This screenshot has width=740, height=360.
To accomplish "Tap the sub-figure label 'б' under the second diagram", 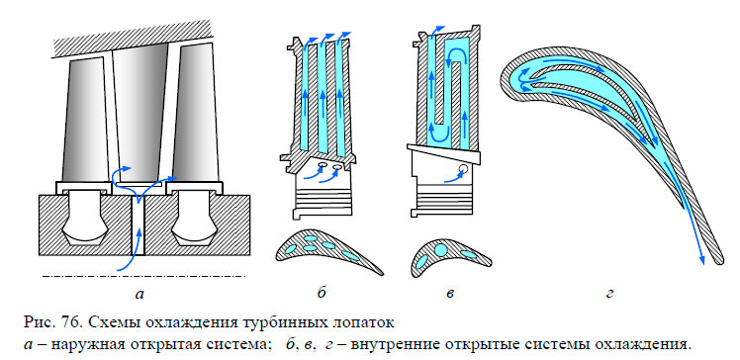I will pos(323,294).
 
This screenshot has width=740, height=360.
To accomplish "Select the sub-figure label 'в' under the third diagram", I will pos(450,294).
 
